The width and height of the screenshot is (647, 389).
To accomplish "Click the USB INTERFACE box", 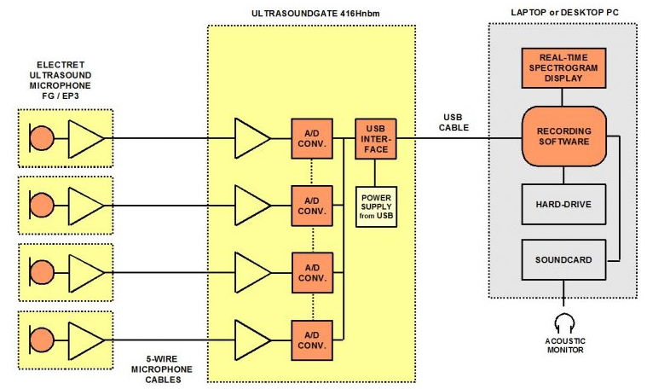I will coord(376,138).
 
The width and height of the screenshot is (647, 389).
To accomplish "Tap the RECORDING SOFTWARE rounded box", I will coord(563,136).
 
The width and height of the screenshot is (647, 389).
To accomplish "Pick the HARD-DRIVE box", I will coord(563,204).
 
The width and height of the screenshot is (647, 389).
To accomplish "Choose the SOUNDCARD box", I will coord(563,258).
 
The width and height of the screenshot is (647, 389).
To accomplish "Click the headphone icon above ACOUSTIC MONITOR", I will coord(563,322).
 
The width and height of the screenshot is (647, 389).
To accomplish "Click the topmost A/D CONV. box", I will coord(312,138).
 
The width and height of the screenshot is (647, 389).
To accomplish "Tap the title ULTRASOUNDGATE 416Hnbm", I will coord(311,15).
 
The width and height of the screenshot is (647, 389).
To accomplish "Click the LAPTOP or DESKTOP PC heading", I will coord(563,15).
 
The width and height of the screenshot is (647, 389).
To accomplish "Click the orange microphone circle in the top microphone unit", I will coord(41,136).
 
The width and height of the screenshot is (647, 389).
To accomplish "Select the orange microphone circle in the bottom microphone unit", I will coord(41,340).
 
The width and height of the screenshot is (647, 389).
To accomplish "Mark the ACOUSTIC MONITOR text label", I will coord(563,345).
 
